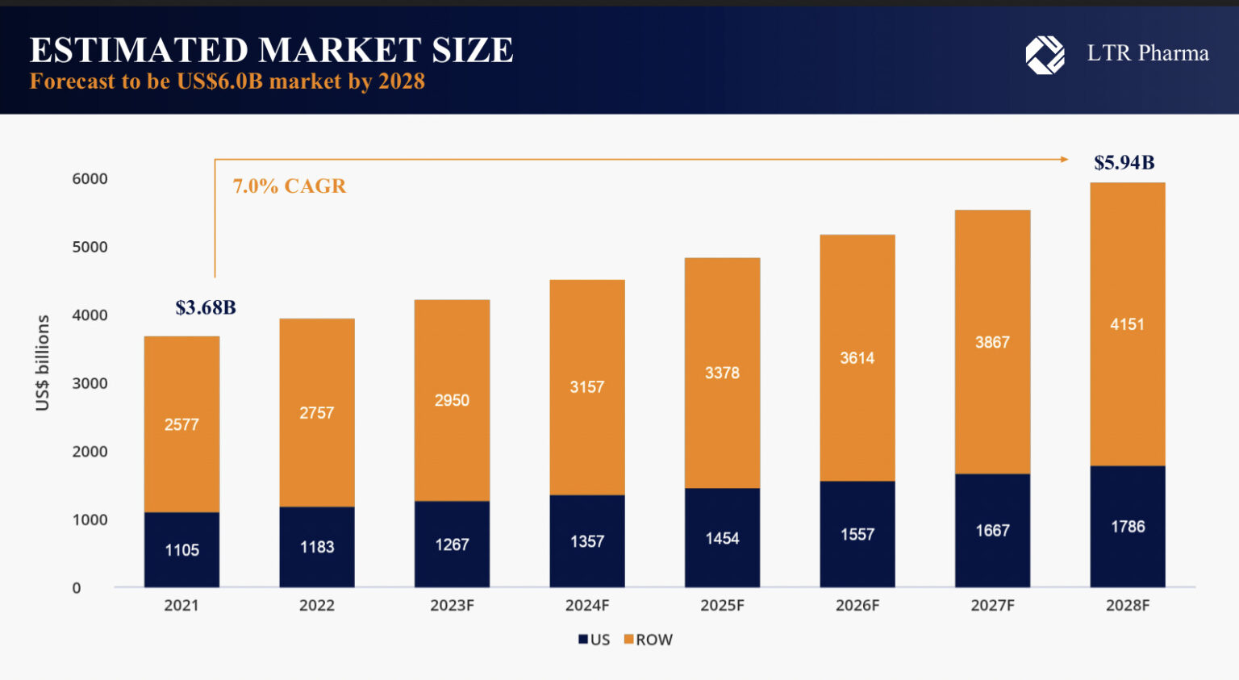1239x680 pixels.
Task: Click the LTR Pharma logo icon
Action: click(1045, 55)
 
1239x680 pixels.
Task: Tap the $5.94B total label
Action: click(1124, 163)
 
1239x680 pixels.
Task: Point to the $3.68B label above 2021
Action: click(206, 307)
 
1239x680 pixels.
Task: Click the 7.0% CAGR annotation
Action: click(289, 186)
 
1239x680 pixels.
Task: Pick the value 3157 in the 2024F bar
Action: click(586, 387)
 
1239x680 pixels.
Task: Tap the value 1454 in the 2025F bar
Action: click(722, 538)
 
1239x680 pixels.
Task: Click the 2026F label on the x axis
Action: click(857, 605)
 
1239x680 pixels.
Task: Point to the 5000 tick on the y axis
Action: click(90, 247)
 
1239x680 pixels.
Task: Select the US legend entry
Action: click(594, 640)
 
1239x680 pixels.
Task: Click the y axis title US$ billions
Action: click(43, 363)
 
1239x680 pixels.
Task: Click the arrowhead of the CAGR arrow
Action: click(1064, 160)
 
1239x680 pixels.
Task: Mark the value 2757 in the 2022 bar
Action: click(316, 413)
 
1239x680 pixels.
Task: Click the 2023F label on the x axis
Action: click(452, 605)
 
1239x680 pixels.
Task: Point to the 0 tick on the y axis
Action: click(77, 588)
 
